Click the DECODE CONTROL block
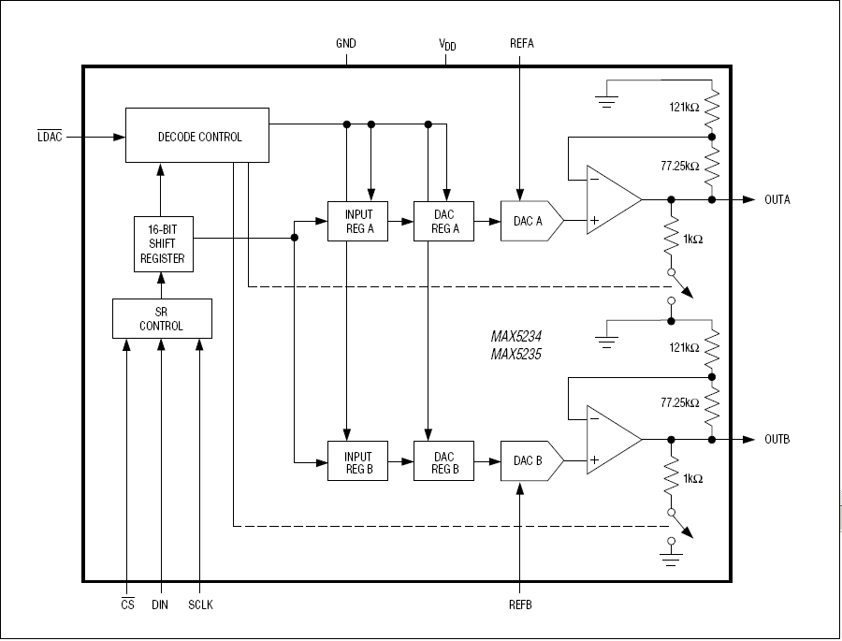tap(197, 137)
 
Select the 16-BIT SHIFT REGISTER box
tap(163, 244)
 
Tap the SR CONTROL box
tap(162, 318)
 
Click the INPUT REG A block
tap(357, 222)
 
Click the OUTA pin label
tap(777, 199)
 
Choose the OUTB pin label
tap(777, 440)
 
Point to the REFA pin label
tap(522, 44)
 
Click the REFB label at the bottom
tap(520, 605)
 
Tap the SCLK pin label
tap(200, 605)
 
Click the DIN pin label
tap(161, 605)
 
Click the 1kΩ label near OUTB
tap(693, 478)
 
